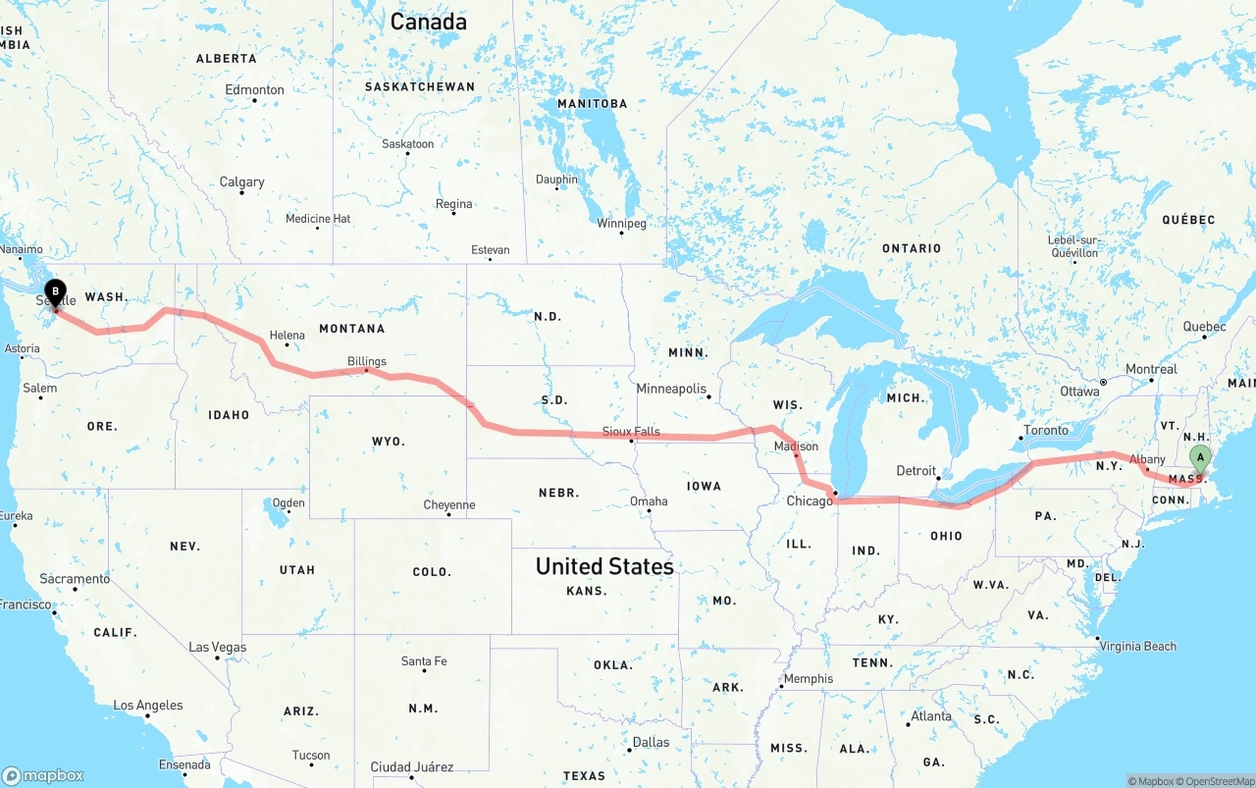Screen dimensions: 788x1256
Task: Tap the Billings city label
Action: [367, 361]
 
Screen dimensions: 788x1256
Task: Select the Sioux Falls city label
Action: [631, 432]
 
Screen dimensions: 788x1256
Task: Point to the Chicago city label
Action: [809, 501]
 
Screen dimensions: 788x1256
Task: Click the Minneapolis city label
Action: [671, 389]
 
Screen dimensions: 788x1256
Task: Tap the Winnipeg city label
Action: [621, 224]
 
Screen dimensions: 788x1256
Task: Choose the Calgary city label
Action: [241, 182]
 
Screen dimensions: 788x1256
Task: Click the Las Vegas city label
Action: [218, 648]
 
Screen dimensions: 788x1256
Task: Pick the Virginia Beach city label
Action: [1138, 646]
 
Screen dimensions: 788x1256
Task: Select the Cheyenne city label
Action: [449, 505]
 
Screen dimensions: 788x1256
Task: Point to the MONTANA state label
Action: [351, 329]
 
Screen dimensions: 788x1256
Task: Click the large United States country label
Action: [604, 566]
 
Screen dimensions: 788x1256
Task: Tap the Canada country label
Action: [428, 22]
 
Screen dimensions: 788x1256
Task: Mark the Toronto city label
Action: [1045, 430]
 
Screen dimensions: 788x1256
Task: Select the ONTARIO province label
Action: [912, 248]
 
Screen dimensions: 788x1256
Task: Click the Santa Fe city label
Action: [424, 661]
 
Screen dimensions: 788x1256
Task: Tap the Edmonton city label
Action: [254, 89]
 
